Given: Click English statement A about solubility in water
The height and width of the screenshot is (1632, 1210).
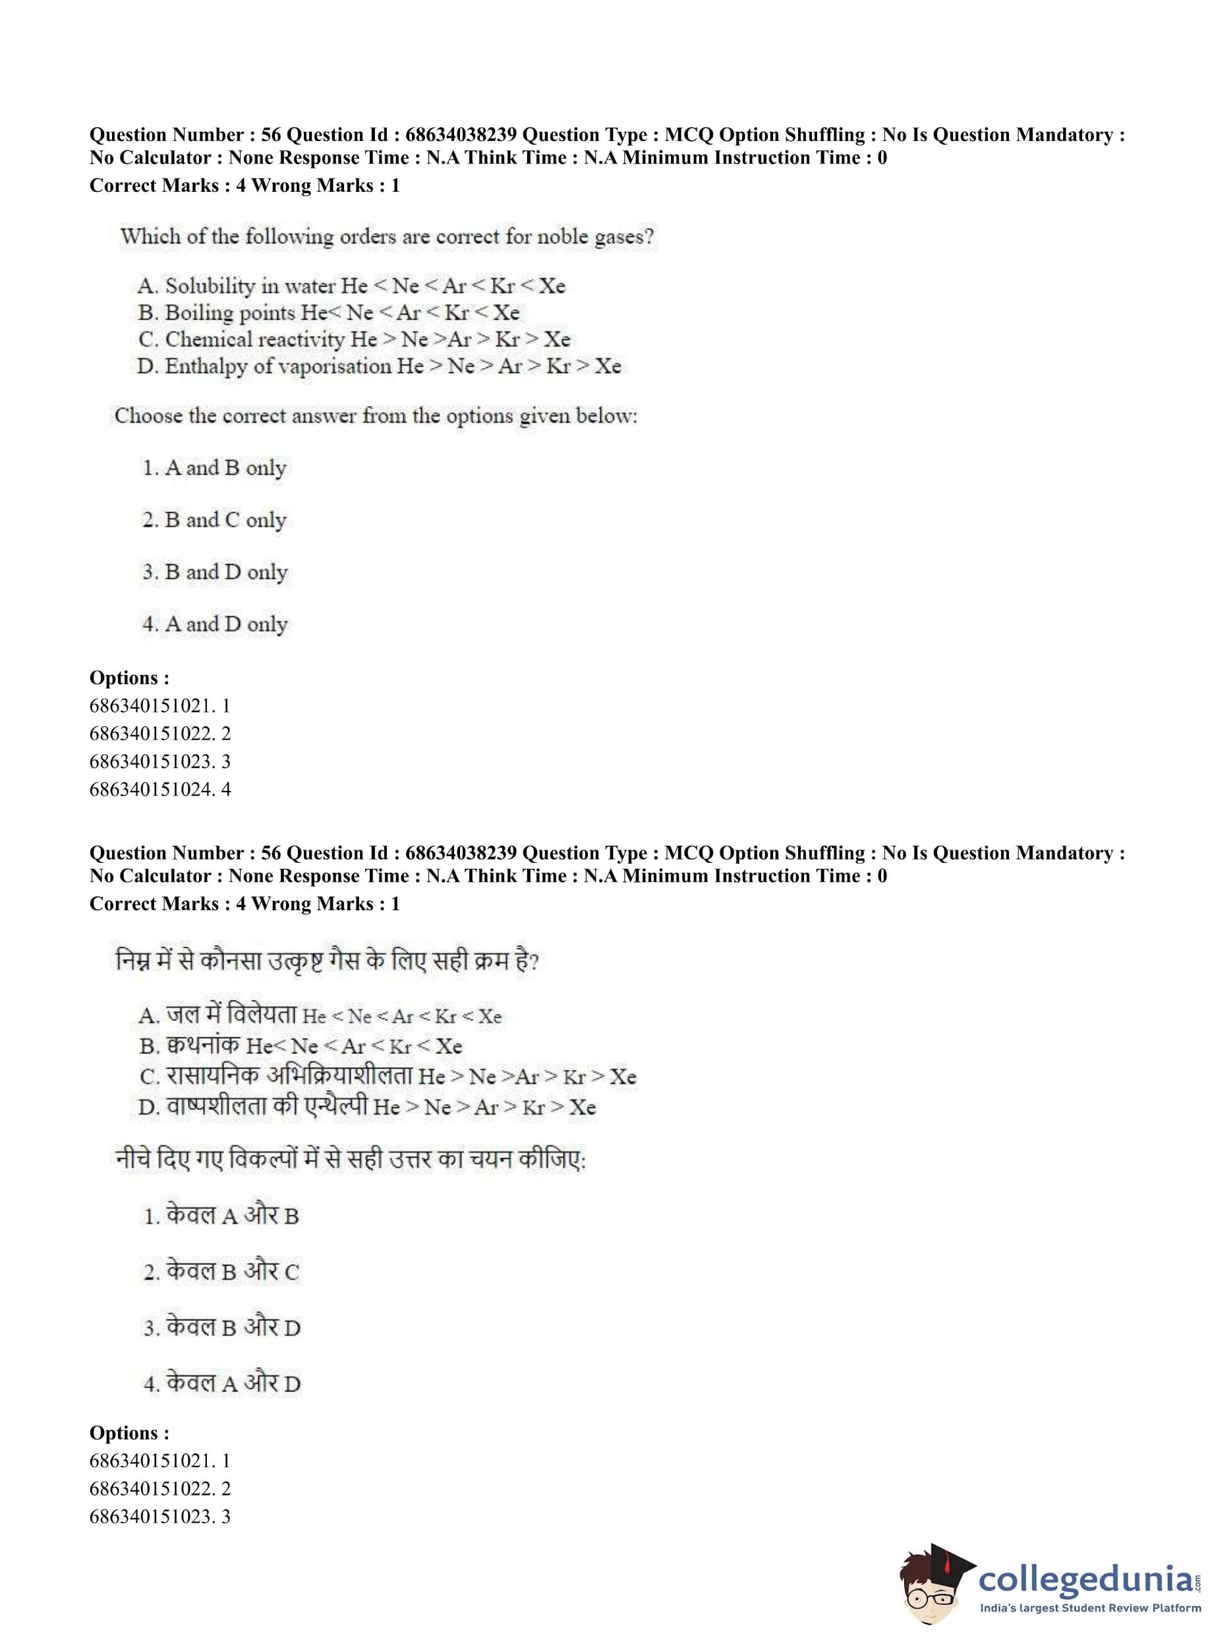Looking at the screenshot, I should (x=351, y=285).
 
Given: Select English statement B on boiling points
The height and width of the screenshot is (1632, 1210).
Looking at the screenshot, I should (x=328, y=313).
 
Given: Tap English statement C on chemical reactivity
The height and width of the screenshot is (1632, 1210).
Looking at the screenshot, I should (x=354, y=339).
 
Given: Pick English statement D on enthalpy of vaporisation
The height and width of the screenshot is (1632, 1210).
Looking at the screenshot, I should (x=379, y=366).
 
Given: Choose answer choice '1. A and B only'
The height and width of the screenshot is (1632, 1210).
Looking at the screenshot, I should (x=214, y=468).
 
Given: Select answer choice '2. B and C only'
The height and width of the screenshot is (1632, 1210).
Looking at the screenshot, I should (x=214, y=520).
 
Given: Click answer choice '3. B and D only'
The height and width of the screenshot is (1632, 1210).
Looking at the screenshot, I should (x=215, y=572).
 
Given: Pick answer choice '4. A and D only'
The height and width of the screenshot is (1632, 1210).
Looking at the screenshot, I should (x=215, y=624).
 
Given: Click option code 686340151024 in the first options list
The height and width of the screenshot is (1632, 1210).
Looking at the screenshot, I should (x=159, y=789).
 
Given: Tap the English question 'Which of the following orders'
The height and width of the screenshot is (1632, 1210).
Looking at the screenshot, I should (x=387, y=237).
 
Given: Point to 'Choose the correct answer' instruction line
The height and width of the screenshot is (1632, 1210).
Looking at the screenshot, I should (x=376, y=416).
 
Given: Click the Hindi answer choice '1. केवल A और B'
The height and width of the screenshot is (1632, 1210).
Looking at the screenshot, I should (x=221, y=1216).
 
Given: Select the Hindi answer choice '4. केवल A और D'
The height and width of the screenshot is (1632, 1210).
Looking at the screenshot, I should (x=222, y=1383).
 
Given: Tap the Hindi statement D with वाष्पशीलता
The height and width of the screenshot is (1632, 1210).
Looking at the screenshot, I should (x=367, y=1106).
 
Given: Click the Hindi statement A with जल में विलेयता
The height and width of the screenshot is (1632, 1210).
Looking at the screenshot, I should (x=320, y=1016).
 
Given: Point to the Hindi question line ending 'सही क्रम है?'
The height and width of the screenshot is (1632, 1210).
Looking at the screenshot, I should (x=327, y=960).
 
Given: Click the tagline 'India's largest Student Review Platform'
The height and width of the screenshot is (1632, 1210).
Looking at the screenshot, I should (x=1090, y=1608).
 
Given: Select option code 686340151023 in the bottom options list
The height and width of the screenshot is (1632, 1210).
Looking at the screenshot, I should (x=159, y=1516).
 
